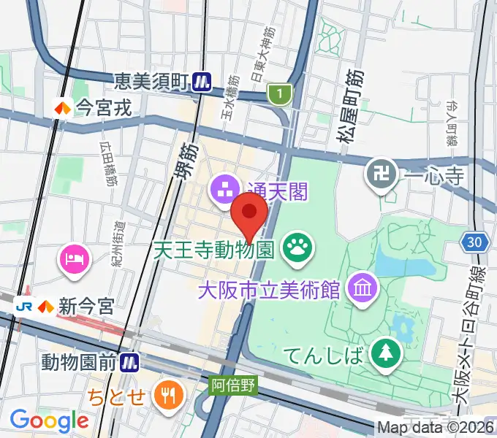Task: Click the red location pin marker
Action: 248,216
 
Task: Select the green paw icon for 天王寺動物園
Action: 297,249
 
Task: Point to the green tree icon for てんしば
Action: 384,355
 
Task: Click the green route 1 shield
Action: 278,93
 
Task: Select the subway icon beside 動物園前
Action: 131,361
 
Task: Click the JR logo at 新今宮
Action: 23,304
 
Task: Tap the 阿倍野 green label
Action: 234,384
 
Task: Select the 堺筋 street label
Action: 187,161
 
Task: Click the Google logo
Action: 49,420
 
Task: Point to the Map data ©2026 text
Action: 436,427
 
